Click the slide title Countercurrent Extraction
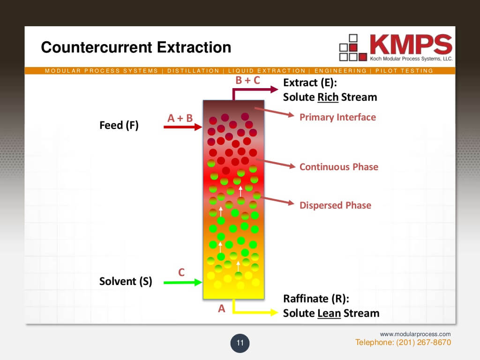pyautogui.click(x=136, y=47)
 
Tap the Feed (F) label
pyautogui.click(x=119, y=125)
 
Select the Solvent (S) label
pyautogui.click(x=126, y=281)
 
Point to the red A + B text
pyautogui.click(x=180, y=118)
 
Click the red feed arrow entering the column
pyautogui.click(x=182, y=127)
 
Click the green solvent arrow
pyautogui.click(x=183, y=282)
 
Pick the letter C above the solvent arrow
pyautogui.click(x=182, y=272)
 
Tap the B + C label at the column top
pyautogui.click(x=247, y=80)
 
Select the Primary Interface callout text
pyautogui.click(x=337, y=117)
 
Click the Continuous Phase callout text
pyautogui.click(x=338, y=167)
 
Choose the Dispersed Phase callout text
pyautogui.click(x=335, y=205)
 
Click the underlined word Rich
pyautogui.click(x=328, y=97)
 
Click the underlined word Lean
pyautogui.click(x=329, y=313)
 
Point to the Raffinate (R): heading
pyautogui.click(x=316, y=299)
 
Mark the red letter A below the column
pyautogui.click(x=222, y=308)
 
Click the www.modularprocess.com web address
pyautogui.click(x=415, y=334)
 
